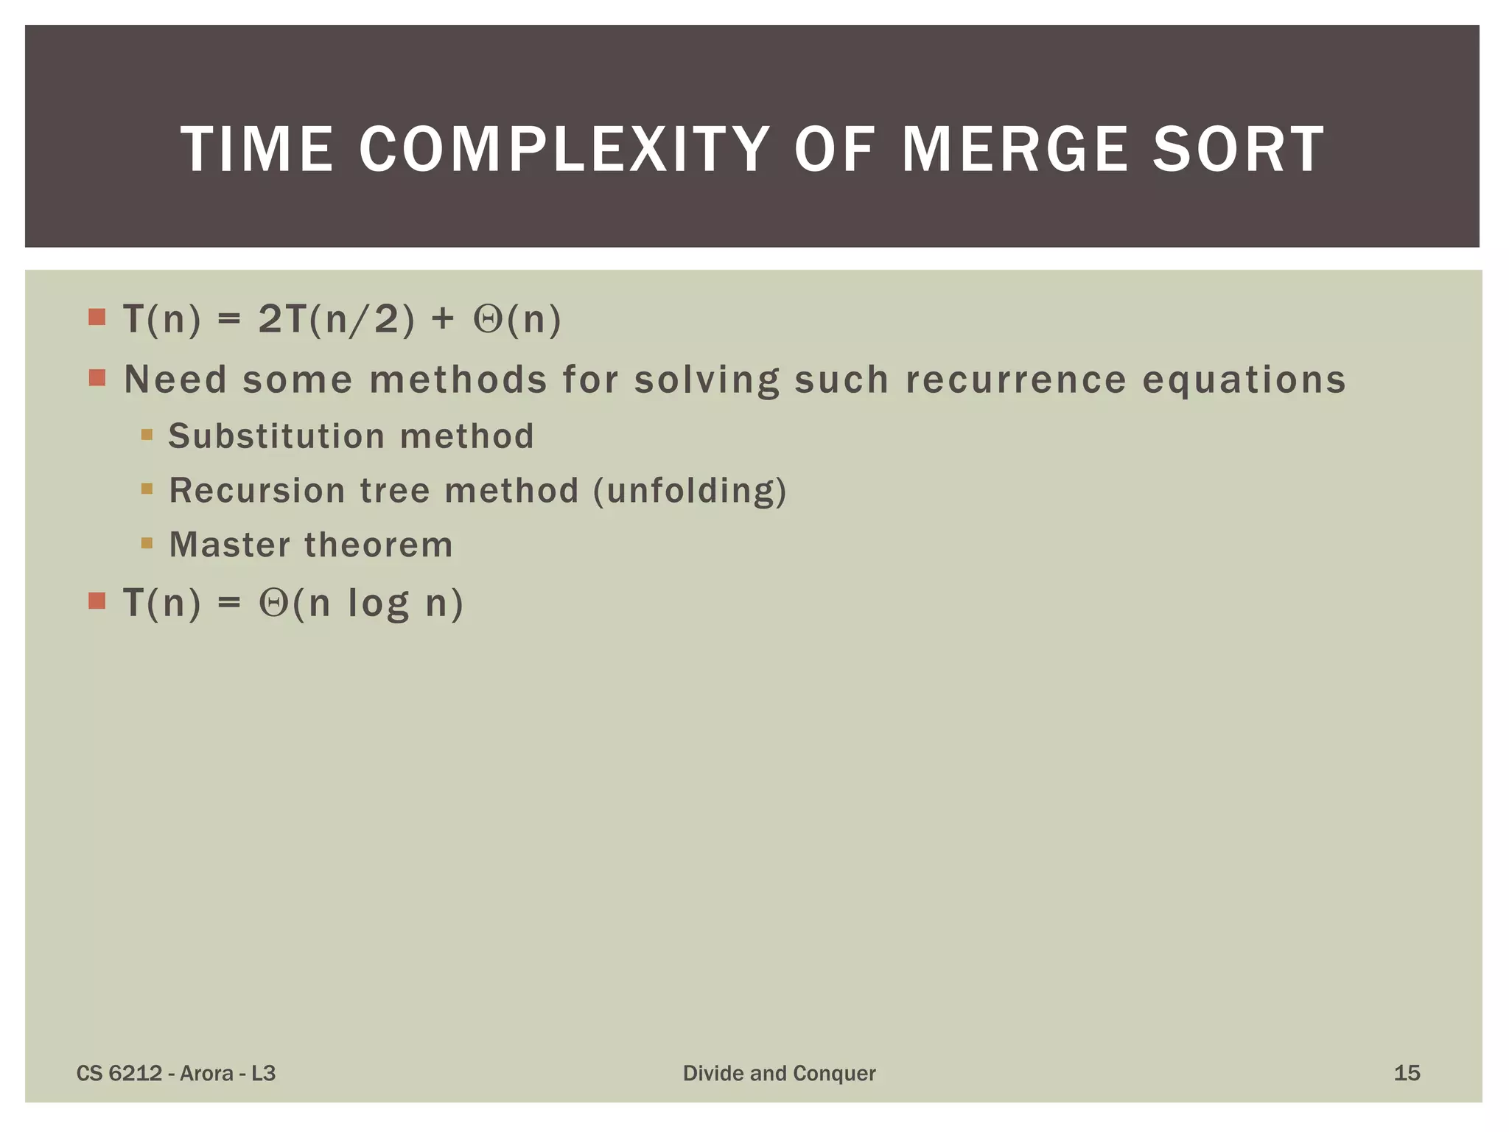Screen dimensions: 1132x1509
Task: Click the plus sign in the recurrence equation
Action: (x=444, y=320)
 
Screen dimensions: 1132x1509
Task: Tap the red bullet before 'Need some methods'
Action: (x=97, y=378)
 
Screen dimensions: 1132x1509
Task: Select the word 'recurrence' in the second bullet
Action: (x=1016, y=380)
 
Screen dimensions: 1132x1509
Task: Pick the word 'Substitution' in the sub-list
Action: (x=276, y=436)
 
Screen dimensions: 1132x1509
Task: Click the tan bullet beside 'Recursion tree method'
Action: (x=147, y=489)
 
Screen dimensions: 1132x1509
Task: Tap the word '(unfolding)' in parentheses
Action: (x=690, y=491)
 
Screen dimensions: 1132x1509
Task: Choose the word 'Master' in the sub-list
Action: (x=230, y=545)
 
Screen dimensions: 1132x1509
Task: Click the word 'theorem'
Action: (x=379, y=545)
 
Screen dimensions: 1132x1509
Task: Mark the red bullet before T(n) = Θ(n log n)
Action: (x=97, y=601)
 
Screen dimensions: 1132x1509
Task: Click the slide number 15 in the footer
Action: (x=1407, y=1073)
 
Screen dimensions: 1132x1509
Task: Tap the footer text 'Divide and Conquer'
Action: (x=779, y=1073)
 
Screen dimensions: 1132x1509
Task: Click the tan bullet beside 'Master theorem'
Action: (x=147, y=544)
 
